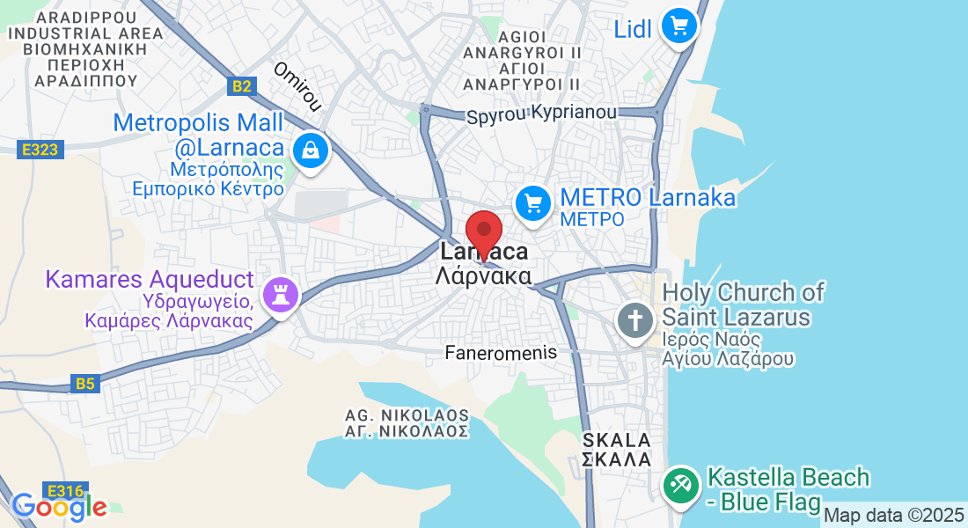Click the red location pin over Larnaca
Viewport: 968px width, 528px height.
(483, 233)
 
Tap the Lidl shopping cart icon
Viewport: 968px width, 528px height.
(678, 26)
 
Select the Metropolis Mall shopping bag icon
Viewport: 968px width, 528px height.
(311, 150)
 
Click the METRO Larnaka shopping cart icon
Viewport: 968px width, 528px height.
(532, 203)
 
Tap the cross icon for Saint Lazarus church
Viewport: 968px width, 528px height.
(634, 319)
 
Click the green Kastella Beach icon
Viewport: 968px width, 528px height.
(680, 484)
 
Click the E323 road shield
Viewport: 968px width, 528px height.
(40, 150)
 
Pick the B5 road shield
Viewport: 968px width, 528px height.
(84, 384)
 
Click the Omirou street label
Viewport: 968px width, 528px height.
(297, 86)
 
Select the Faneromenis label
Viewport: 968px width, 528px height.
(501, 352)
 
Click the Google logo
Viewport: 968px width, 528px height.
(58, 506)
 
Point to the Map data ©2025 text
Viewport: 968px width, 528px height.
(892, 515)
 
